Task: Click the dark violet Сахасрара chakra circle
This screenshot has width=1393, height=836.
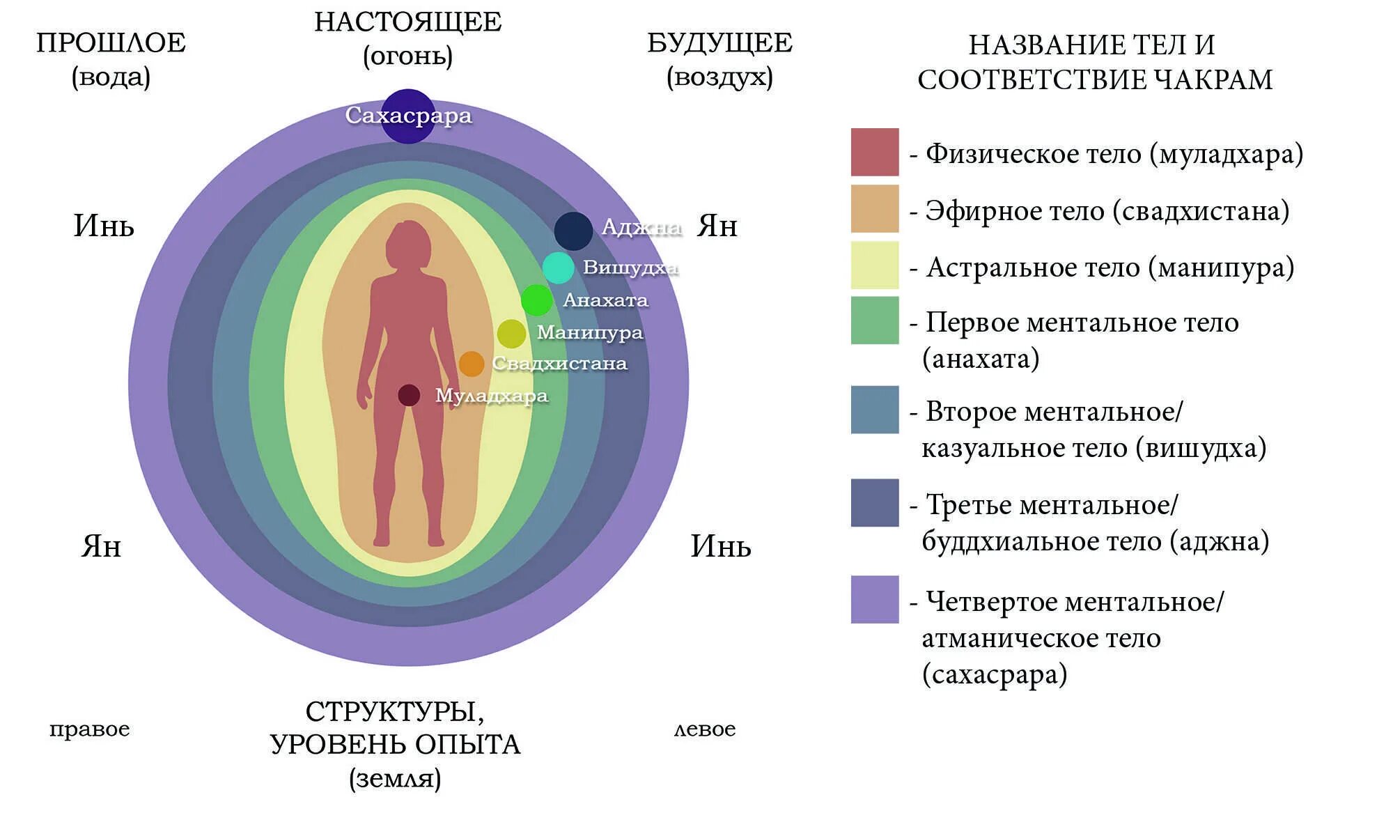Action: click(408, 116)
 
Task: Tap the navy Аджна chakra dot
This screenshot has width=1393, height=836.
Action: click(573, 231)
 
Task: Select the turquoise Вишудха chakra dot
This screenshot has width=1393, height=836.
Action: click(558, 268)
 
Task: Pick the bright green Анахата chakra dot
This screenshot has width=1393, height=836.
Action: click(536, 300)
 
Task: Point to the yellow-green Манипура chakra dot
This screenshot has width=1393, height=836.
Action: click(511, 334)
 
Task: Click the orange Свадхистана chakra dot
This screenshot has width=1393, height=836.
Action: click(472, 364)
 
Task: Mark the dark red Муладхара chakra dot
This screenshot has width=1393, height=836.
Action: click(409, 395)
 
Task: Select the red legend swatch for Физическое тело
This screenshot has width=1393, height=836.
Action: click(875, 152)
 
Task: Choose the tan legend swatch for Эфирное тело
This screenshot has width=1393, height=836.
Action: click(875, 208)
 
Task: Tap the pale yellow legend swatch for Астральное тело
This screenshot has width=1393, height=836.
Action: click(875, 265)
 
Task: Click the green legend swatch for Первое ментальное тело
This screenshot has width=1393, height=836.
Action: click(875, 320)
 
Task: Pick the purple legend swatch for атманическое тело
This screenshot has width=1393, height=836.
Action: click(875, 599)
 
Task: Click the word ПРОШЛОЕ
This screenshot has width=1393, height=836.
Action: click(111, 43)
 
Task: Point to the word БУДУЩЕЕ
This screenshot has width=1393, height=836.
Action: click(719, 43)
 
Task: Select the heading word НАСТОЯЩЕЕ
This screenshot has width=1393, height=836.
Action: click(408, 22)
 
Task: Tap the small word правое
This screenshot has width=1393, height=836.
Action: click(90, 729)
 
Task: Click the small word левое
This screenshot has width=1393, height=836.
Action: click(705, 729)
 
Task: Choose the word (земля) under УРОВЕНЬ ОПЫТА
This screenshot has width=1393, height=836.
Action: click(395, 778)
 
